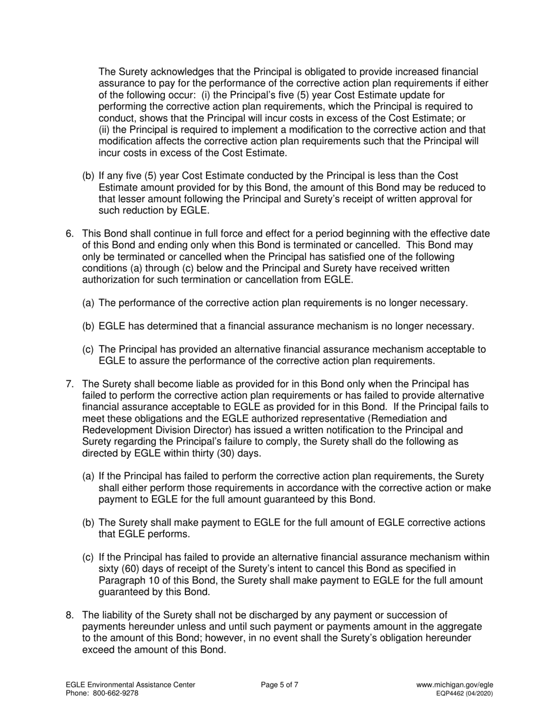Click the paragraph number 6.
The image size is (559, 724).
(69, 234)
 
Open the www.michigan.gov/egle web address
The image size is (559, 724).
(454, 685)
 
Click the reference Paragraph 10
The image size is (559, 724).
(126, 580)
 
